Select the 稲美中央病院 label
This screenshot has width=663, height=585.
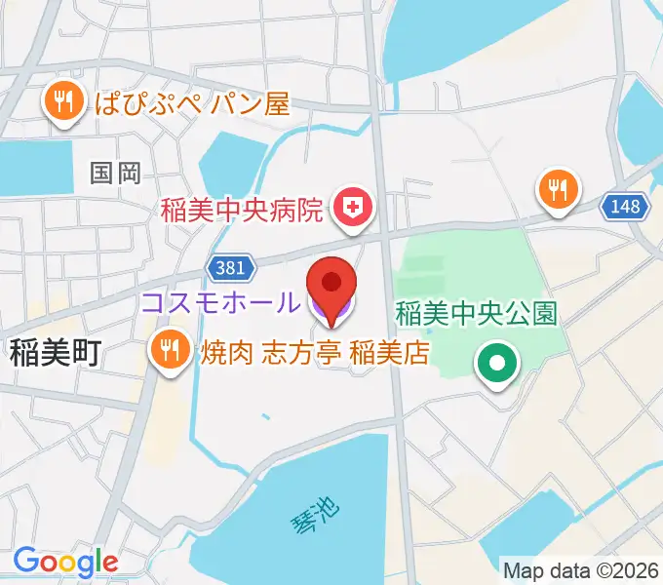point(243,208)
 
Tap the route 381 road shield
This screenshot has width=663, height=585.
point(231,266)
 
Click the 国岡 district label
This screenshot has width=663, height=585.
point(115,174)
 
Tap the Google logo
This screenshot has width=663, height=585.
point(64,563)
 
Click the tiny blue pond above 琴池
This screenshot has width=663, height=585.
point(265,418)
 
